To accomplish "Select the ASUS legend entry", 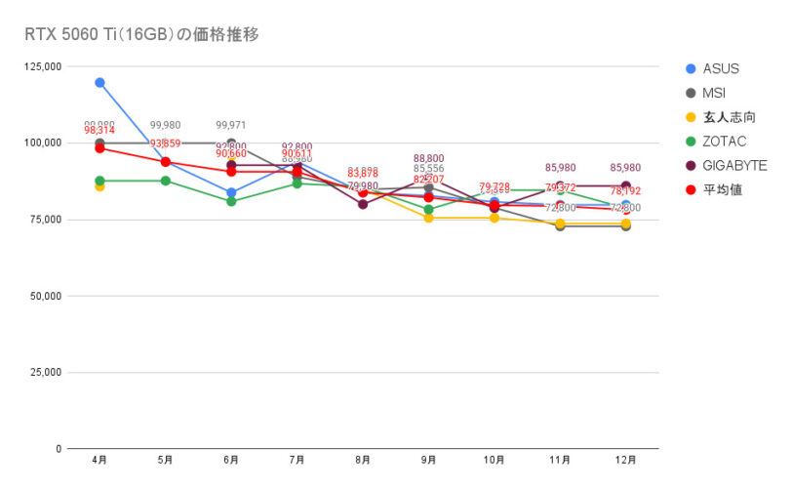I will point(720,68).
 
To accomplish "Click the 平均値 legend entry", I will point(722,189).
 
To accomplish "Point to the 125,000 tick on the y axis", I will point(42,66).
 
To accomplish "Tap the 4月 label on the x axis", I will point(99,459).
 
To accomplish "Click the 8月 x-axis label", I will point(363,459).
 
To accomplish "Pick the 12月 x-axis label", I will point(625,459).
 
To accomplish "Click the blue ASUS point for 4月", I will point(99,82).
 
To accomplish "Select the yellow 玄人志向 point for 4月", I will point(99,186).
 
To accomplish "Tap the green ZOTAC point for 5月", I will point(165,181).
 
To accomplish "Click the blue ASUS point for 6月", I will point(231,192).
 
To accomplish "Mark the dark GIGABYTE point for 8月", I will point(363,204).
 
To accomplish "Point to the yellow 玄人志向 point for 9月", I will point(428,218).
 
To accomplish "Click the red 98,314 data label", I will point(99,130).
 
